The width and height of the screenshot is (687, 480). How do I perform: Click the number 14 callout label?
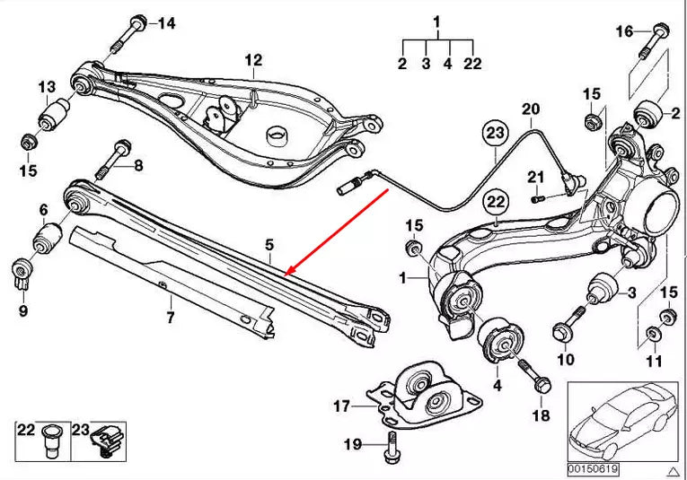166,23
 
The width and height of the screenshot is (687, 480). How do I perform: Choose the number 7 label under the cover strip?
171,317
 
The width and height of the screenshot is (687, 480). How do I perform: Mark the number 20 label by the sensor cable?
531,109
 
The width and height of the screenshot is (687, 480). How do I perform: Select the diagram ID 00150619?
592,468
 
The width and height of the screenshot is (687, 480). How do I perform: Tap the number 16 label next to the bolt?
624,32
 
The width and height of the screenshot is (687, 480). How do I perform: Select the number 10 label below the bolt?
564,360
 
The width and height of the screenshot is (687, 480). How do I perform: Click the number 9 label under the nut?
22,310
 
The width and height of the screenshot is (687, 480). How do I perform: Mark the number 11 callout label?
653,361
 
